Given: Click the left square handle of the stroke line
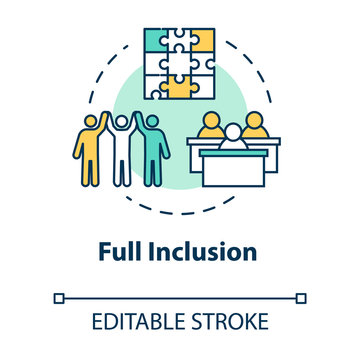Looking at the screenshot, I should coord(59,297).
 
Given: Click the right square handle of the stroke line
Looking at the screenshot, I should coord(302,297).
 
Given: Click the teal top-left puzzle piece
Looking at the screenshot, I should coord(156,41).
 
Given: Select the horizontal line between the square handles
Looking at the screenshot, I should coord(180,297).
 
